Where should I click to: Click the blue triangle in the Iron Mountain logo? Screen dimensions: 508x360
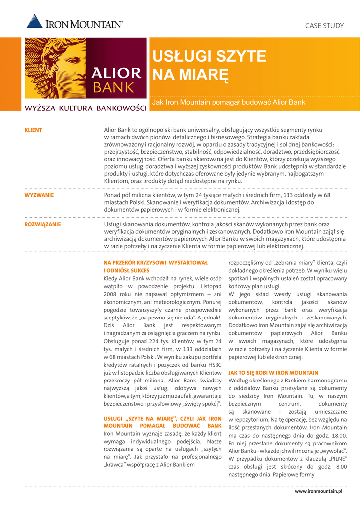tap(34, 21)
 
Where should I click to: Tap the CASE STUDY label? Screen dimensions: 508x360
tap(324, 25)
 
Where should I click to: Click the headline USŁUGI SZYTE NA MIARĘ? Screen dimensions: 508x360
tap(209, 65)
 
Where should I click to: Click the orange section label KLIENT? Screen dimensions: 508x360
tap(33, 130)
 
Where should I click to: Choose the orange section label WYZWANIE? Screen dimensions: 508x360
tap(39, 195)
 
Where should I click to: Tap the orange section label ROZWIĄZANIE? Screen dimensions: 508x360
tap(43, 224)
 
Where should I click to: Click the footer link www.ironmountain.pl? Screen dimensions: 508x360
tap(320, 491)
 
